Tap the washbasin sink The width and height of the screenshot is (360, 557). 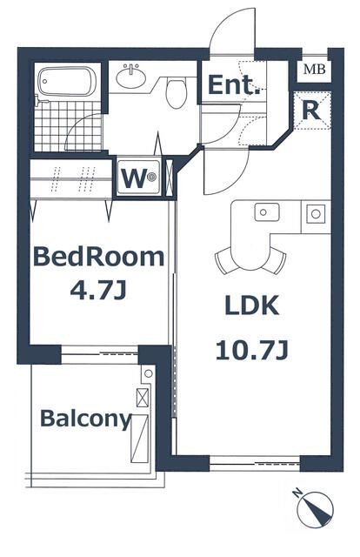(x=131, y=77)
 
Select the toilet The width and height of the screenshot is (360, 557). (x=176, y=93)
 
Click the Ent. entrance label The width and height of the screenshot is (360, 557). (x=233, y=85)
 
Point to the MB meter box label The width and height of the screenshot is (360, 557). (x=314, y=70)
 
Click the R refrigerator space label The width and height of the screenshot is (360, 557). (x=311, y=111)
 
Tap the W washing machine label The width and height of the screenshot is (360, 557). (x=134, y=178)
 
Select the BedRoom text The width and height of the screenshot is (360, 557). (x=98, y=257)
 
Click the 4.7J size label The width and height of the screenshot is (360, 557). (x=98, y=292)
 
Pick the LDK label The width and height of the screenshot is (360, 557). (x=251, y=305)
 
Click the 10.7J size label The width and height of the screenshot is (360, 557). (x=251, y=350)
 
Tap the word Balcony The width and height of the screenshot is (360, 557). (x=86, y=419)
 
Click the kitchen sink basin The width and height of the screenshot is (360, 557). (x=267, y=212)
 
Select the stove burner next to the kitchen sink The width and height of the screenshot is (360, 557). (x=316, y=214)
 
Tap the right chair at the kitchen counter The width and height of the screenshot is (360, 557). (x=277, y=260)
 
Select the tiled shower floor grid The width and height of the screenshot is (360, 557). (x=68, y=126)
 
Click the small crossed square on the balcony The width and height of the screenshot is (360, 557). (x=143, y=398)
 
